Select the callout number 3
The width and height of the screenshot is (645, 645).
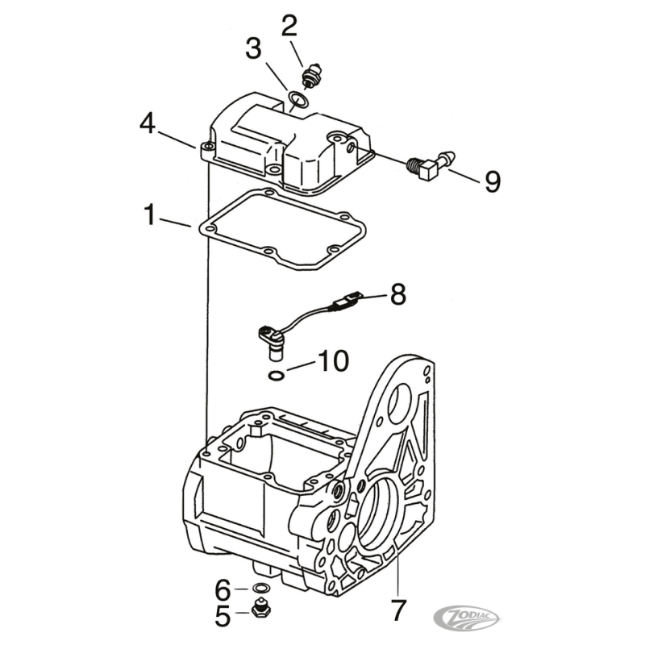pos(253,48)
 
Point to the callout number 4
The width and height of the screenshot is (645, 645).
pos(148,123)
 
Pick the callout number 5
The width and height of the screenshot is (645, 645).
pos(223,616)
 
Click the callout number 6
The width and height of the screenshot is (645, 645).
pos(223,590)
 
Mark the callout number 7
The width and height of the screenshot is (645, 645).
pos(398,610)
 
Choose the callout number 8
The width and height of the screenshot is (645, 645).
pos(397,294)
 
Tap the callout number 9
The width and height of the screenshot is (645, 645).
pos(493,181)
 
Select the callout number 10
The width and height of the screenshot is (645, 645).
pos(334,361)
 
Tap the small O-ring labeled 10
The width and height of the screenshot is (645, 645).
pos(275,375)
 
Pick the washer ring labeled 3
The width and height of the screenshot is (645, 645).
pos(298,99)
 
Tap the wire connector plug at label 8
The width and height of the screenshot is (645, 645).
pos(346,299)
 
